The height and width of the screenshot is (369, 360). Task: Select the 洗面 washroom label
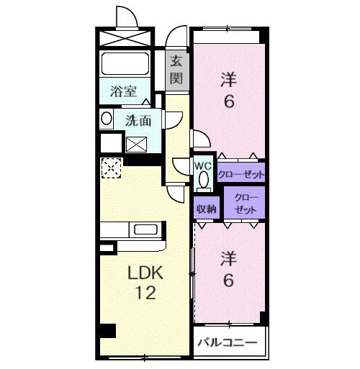[138, 121]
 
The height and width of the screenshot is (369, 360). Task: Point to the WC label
[203, 163]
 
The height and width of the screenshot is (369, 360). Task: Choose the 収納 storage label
[207, 209]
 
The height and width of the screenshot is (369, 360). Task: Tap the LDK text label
[146, 273]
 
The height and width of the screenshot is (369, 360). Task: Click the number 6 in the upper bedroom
[228, 101]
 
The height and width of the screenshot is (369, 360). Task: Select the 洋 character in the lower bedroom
[228, 258]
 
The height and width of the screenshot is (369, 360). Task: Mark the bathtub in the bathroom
[125, 63]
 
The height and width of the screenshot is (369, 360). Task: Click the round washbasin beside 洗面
[106, 119]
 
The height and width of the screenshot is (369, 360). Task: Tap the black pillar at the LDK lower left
[107, 332]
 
